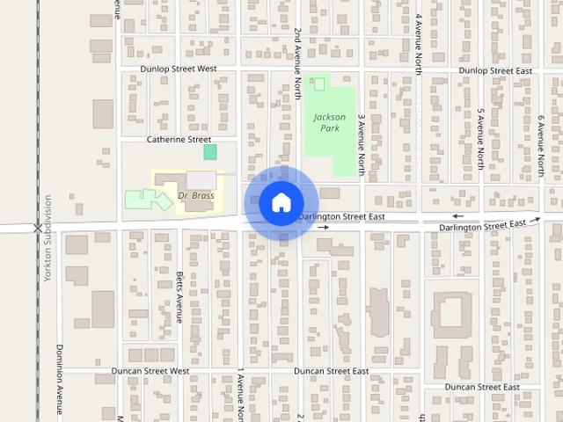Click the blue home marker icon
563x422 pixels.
coord(281,203)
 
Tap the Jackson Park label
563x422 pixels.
coord(330,122)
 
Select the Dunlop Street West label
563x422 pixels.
coord(178,69)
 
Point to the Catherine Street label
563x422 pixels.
coord(179,139)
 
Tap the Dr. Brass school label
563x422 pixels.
coord(195,195)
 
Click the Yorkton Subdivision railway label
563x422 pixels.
coord(48,238)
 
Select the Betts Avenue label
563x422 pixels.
coord(179,296)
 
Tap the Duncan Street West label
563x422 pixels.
coord(150,372)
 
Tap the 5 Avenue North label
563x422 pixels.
coord(480,139)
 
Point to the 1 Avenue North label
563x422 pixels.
coord(240,396)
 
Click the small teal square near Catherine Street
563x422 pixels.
coord(210,152)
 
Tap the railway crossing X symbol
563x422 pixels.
coord(37,227)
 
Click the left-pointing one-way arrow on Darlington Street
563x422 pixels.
coord(457,216)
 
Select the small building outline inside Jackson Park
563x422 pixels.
coord(318,84)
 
